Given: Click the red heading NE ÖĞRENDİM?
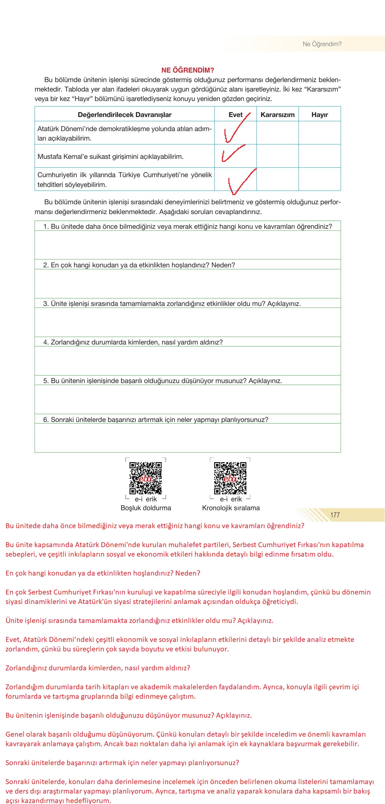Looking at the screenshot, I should (188, 70).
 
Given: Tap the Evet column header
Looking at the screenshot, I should (235, 115).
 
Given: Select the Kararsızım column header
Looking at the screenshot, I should (277, 115).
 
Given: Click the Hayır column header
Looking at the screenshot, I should (319, 115).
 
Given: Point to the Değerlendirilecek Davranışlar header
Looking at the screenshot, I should (125, 115).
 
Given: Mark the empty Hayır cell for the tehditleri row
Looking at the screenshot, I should (319, 179).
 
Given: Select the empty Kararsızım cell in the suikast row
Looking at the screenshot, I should (277, 156).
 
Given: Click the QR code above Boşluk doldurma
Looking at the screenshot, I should (146, 478).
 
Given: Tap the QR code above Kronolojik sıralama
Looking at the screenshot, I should (230, 478).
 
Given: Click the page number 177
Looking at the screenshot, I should (335, 515).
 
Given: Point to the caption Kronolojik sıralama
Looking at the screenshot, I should (231, 508).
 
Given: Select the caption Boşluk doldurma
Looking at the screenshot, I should (146, 508).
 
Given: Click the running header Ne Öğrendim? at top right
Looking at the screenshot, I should (322, 44).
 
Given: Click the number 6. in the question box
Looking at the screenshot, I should (46, 420).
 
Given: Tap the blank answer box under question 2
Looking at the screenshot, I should (188, 283).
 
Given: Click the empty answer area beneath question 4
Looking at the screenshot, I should (188, 360).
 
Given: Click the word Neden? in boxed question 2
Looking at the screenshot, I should (223, 265).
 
